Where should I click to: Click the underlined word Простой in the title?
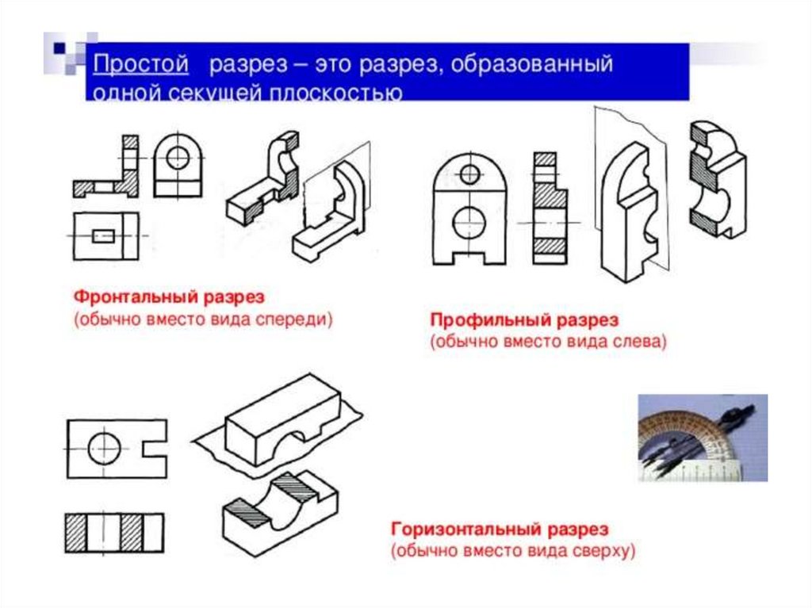coord(141,63)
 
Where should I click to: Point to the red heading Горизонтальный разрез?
coord(500,529)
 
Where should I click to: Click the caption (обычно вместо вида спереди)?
coord(203,319)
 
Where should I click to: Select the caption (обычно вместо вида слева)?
coord(549,342)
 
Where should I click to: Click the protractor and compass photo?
coord(703,438)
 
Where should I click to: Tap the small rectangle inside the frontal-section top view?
coord(105,236)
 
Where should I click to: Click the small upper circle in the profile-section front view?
coord(470,173)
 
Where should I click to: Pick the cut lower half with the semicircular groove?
coord(278,519)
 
